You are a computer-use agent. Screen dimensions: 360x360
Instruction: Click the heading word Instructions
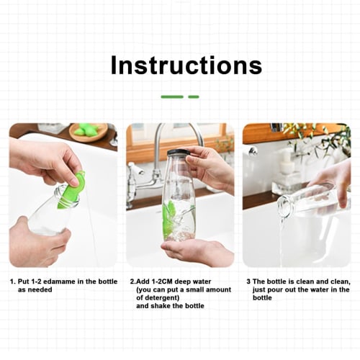[x=186, y=66]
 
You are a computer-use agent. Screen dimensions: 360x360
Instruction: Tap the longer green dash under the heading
[x=171, y=96]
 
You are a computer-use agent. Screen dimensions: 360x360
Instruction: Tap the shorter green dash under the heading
[x=194, y=96]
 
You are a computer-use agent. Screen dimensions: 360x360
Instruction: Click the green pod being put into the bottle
[x=72, y=190]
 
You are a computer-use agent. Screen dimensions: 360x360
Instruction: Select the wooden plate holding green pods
[x=88, y=132]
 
